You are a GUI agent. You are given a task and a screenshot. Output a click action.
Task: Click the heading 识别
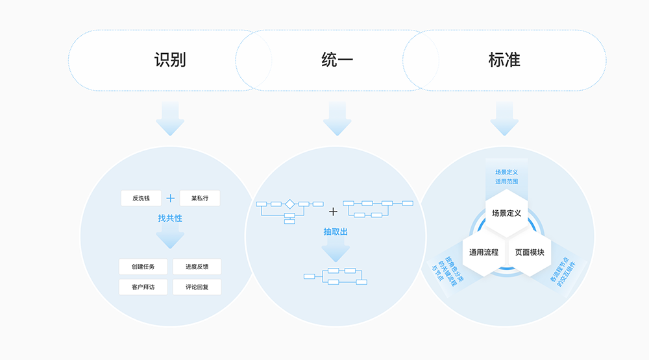(x=170, y=60)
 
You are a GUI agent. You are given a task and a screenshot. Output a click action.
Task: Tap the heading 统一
(x=337, y=60)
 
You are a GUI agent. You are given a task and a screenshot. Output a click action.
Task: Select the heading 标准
(x=504, y=60)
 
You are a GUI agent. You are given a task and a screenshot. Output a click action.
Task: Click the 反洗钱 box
(x=141, y=198)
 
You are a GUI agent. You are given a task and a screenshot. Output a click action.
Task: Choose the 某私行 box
(x=199, y=198)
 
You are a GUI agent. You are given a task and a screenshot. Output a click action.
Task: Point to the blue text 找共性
(x=170, y=219)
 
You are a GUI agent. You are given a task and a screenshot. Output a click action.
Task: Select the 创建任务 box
(x=143, y=267)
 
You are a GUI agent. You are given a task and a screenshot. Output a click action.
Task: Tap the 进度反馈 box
(x=197, y=267)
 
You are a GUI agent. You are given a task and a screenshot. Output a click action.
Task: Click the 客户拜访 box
(x=143, y=287)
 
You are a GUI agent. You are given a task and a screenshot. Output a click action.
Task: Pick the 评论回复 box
(x=197, y=287)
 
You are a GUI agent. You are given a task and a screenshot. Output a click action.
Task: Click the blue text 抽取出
(x=336, y=232)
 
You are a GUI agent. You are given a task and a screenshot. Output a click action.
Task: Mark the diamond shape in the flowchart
(x=289, y=204)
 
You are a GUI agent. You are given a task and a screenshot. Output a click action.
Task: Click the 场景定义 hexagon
(x=507, y=213)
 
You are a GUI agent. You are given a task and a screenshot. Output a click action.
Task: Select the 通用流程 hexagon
(x=480, y=252)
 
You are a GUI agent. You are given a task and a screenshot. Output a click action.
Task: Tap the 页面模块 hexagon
(x=530, y=252)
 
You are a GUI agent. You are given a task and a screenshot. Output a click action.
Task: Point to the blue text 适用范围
(x=507, y=182)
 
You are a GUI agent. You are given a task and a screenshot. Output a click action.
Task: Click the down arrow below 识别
(x=170, y=119)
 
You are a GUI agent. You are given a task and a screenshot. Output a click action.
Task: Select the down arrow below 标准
(x=504, y=119)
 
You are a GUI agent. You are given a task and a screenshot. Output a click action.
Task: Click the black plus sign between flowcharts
(x=334, y=211)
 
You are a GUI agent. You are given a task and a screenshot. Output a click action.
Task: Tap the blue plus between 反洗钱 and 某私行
(x=170, y=198)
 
